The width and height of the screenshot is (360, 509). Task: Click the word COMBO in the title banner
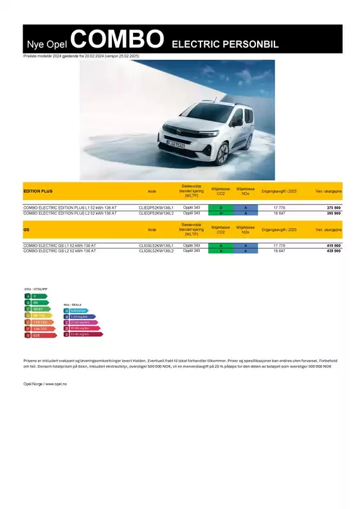click(117, 40)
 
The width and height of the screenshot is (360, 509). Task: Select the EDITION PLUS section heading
click(38, 192)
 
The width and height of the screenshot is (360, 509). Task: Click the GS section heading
click(26, 229)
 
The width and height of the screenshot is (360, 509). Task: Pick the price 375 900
click(334, 208)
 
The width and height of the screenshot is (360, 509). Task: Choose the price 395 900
click(334, 213)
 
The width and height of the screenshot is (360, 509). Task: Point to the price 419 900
click(334, 246)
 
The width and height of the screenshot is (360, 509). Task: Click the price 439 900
click(334, 251)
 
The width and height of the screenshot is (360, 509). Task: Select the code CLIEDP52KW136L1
click(156, 208)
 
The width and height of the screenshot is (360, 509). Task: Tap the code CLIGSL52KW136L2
click(156, 251)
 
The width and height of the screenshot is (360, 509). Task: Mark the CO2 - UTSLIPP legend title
click(35, 289)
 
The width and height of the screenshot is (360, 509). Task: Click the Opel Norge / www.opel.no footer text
click(45, 383)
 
